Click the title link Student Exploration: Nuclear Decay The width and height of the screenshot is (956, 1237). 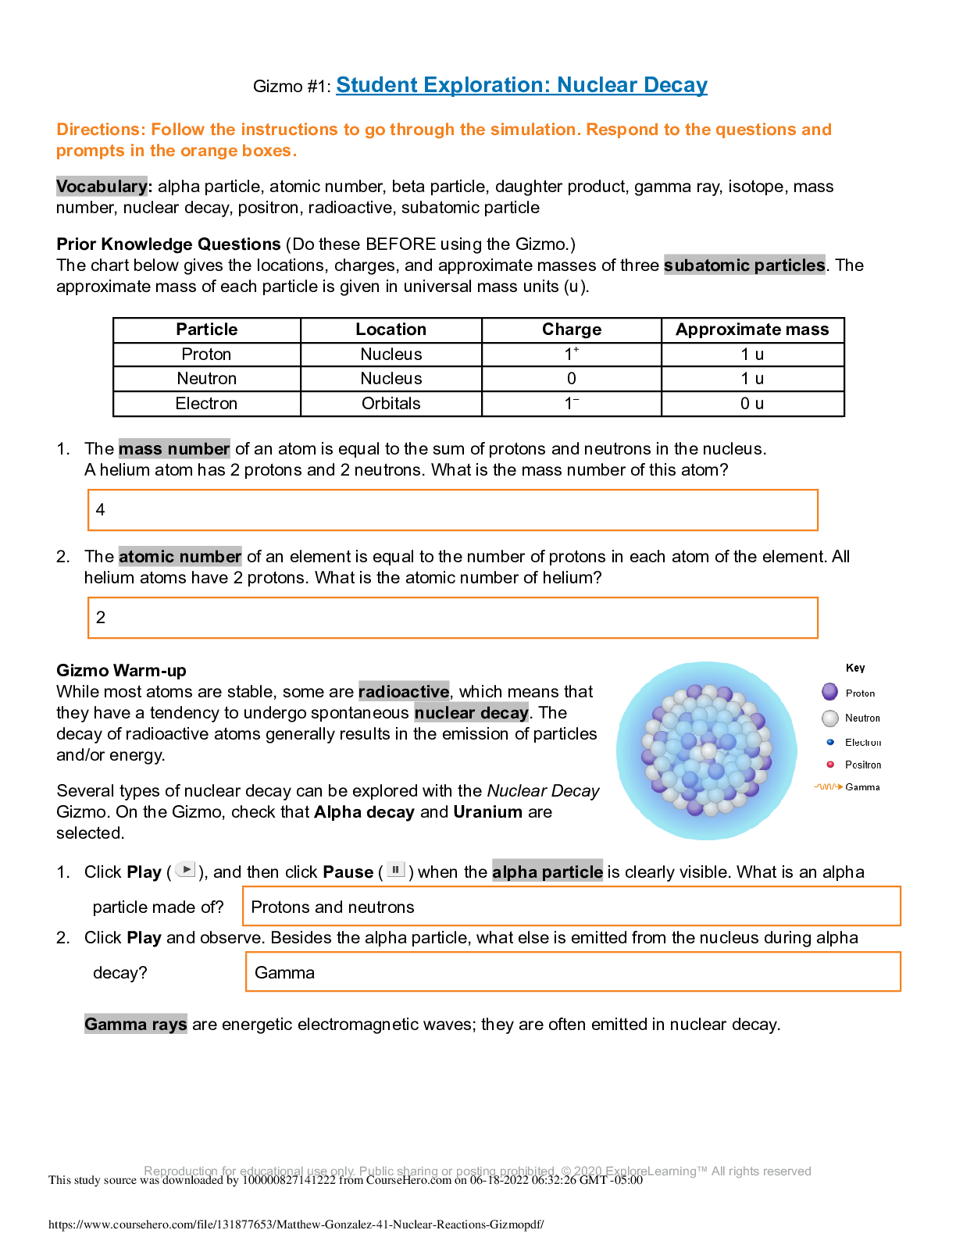tap(522, 85)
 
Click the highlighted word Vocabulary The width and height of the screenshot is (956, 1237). tap(102, 187)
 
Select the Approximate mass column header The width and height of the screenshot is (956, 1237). tap(752, 330)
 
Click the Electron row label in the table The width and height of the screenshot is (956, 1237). tap(206, 404)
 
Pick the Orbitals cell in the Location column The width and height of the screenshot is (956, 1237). tap(391, 404)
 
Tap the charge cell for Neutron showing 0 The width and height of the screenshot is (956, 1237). tap(571, 379)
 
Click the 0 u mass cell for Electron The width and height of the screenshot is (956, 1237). tap(752, 404)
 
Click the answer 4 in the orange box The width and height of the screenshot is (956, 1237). tap(101, 510)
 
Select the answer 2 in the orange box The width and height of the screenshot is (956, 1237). tap(101, 618)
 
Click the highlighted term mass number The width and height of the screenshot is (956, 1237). tap(174, 449)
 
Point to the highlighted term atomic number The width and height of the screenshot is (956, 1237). tap(180, 557)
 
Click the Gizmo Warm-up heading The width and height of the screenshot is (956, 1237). tap(121, 671)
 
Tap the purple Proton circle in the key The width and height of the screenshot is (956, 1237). tap(829, 692)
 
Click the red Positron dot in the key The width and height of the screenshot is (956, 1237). tap(830, 765)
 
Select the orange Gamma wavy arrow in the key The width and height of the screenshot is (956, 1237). tap(828, 787)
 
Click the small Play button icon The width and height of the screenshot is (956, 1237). tap(185, 870)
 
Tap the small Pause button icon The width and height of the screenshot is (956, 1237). tap(396, 870)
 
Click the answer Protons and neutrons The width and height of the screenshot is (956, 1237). tap(333, 907)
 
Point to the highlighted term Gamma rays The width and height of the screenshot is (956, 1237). tap(136, 1025)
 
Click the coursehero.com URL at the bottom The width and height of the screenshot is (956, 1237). tap(296, 1225)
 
